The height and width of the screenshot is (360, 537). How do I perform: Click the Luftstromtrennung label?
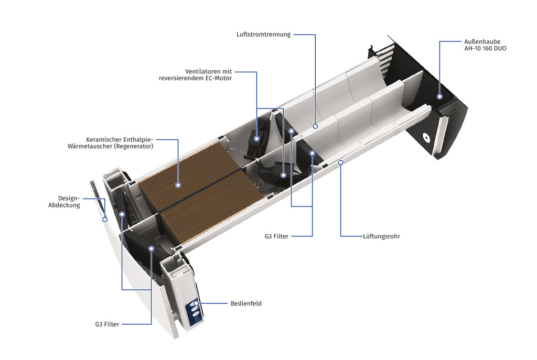[263, 35]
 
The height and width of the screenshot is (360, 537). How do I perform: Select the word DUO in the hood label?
[500, 49]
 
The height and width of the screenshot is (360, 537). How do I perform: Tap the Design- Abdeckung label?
[64, 202]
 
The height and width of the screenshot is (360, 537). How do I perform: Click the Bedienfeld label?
[246, 303]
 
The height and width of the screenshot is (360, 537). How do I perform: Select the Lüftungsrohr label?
[382, 236]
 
